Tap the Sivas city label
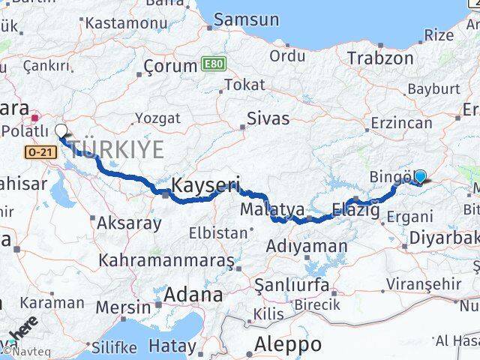[x=268, y=117]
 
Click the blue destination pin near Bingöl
[x=420, y=176]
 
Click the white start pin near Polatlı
[x=61, y=131]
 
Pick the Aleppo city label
[x=288, y=344]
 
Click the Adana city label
[x=193, y=295]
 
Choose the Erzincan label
[x=400, y=122]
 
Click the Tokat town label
[x=244, y=85]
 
